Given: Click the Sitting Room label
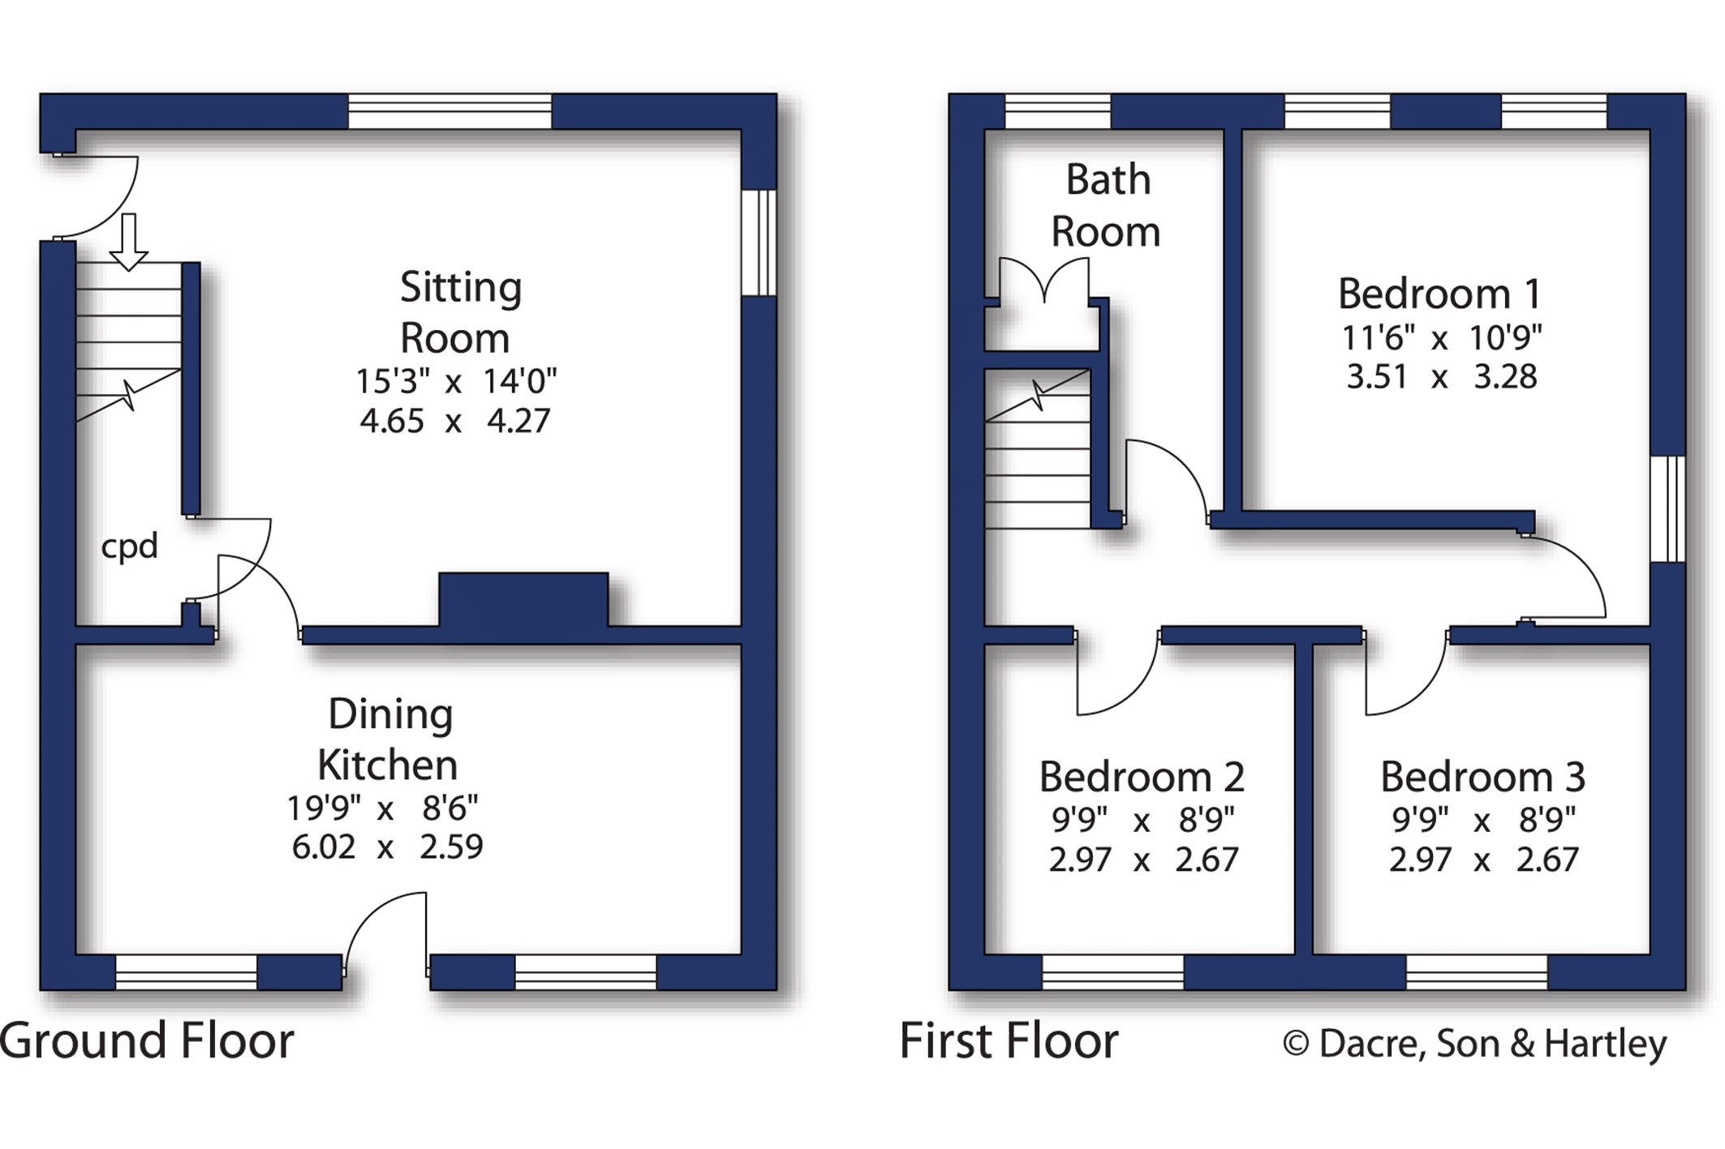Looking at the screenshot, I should [x=458, y=313].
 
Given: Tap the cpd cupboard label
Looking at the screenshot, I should [x=129, y=547].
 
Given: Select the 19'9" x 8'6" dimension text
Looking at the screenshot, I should [x=383, y=808].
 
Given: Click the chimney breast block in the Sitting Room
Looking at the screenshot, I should [x=523, y=600].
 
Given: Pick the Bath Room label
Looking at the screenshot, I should [x=1106, y=206].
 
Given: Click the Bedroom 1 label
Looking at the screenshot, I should [x=1439, y=294].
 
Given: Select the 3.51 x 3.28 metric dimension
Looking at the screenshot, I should [x=1441, y=378].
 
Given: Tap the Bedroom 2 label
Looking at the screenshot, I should [x=1141, y=777].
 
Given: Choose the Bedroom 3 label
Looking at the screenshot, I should [x=1482, y=777].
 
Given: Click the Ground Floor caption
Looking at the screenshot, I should [x=147, y=1041].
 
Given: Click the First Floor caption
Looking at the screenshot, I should [x=1009, y=1041].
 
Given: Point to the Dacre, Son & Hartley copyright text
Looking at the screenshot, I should [x=1474, y=1044].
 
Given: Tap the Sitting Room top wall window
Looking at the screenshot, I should [x=450, y=111].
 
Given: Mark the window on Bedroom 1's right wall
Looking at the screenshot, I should [x=1668, y=508].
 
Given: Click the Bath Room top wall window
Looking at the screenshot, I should [x=1057, y=111].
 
